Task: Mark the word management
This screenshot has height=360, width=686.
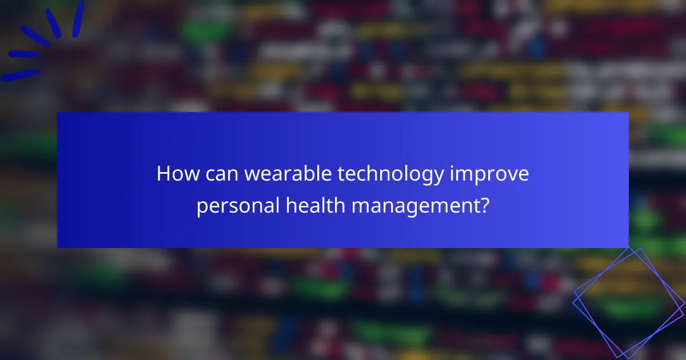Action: click(x=414, y=206)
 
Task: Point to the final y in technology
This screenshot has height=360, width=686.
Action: click(x=439, y=177)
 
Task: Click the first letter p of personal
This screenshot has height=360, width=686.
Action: click(x=201, y=207)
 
